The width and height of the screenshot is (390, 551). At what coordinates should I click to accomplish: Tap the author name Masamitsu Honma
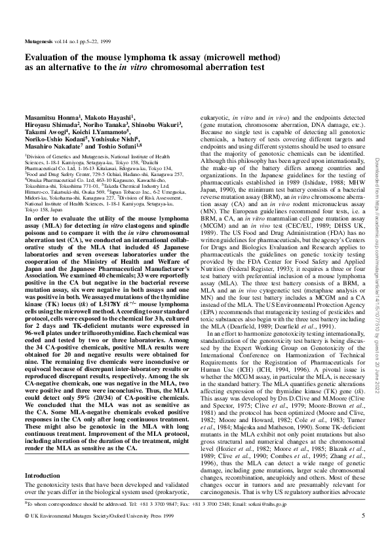tap(52, 116)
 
